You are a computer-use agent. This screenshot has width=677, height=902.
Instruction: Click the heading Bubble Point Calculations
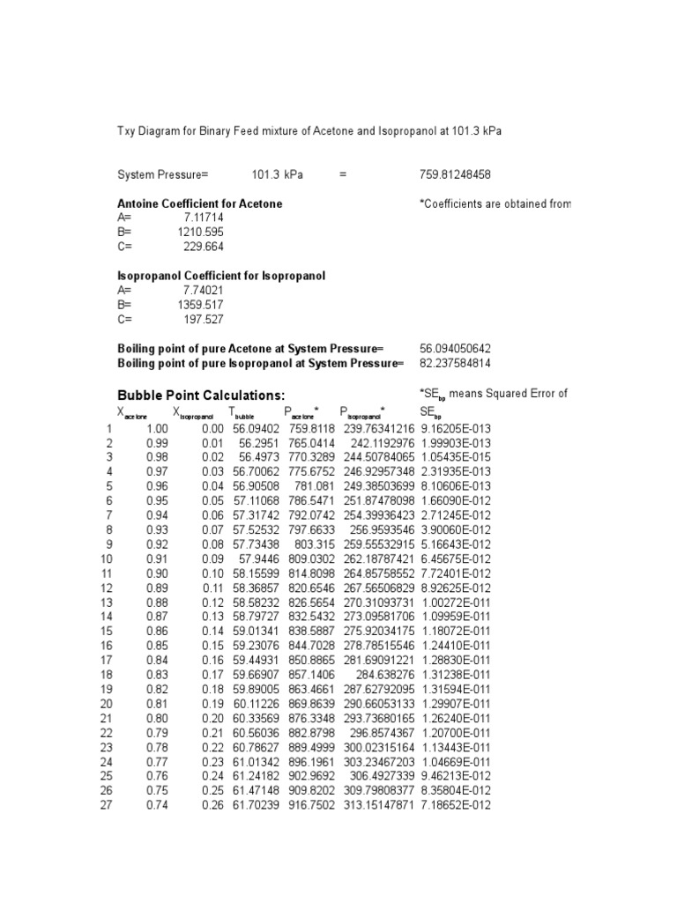coord(202,395)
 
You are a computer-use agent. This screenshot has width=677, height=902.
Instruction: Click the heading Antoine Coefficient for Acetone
coord(200,203)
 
